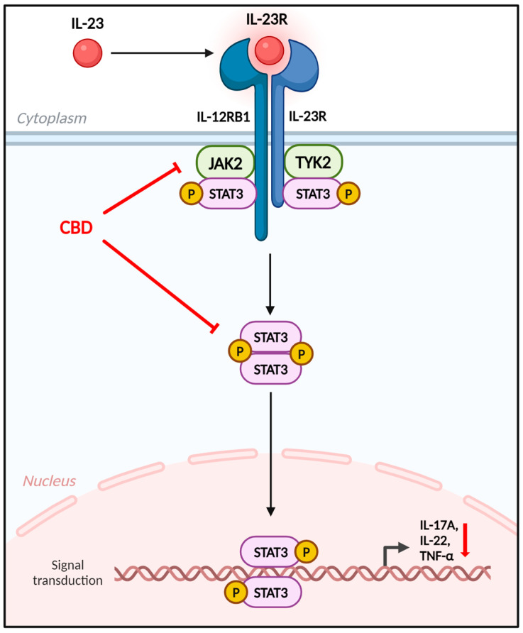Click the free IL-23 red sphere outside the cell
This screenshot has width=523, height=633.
(x=88, y=53)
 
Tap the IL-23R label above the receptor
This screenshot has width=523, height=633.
(x=267, y=18)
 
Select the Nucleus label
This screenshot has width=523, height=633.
(x=50, y=481)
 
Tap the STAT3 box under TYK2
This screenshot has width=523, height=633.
(x=312, y=193)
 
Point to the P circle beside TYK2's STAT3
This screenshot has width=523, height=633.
(x=348, y=193)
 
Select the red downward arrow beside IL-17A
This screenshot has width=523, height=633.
(x=466, y=540)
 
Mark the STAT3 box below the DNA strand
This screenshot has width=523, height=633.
(x=270, y=591)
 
